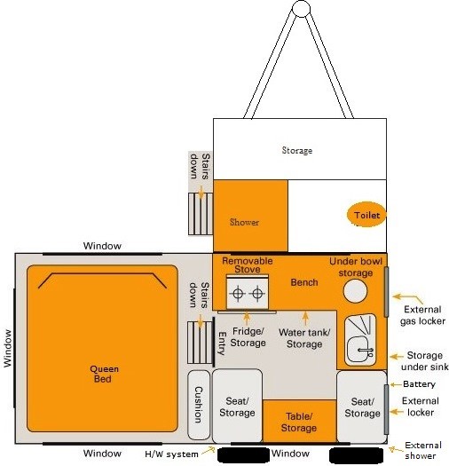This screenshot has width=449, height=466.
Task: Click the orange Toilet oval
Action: pyautogui.click(x=366, y=216)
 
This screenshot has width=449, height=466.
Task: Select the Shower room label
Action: pyautogui.click(x=244, y=222)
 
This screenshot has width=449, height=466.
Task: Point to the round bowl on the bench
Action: pyautogui.click(x=358, y=293)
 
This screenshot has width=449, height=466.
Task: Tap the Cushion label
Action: pyautogui.click(x=197, y=404)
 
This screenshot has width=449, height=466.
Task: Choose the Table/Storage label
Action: pyautogui.click(x=299, y=423)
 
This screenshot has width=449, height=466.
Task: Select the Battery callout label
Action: pyautogui.click(x=418, y=385)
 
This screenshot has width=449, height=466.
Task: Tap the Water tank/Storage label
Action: pyautogui.click(x=304, y=338)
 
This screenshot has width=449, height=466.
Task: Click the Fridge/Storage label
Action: pyautogui.click(x=248, y=336)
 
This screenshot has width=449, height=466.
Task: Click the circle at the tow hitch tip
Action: pyautogui.click(x=301, y=8)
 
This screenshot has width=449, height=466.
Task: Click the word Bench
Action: pyautogui.click(x=304, y=282)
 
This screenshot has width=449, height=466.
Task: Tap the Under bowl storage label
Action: pyautogui.click(x=357, y=267)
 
